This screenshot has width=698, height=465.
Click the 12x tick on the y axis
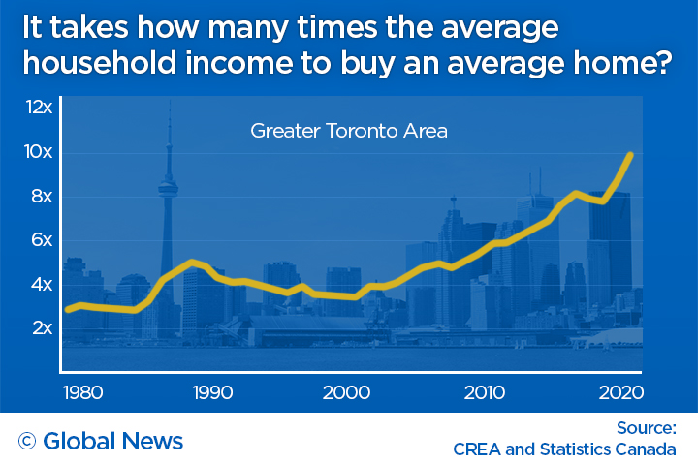[x=39, y=108]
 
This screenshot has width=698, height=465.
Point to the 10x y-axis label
[x=39, y=152]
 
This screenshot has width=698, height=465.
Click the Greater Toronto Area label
[x=349, y=130]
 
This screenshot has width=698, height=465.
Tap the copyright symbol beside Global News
[x=27, y=441]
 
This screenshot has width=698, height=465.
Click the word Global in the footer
[x=79, y=441]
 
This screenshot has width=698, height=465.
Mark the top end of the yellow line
[x=631, y=154]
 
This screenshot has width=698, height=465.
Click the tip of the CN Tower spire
[x=170, y=100]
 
